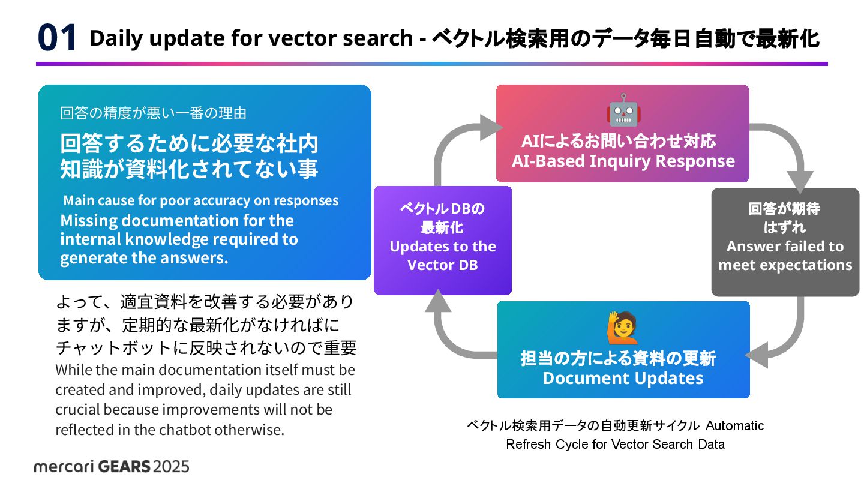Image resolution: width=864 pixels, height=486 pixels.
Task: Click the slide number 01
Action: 58,38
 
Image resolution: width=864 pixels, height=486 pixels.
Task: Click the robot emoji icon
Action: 623,110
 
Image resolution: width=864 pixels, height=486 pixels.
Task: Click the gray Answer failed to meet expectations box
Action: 785,242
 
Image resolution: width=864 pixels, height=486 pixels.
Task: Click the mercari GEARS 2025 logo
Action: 112,466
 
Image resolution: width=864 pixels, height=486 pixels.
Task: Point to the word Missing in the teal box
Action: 88,220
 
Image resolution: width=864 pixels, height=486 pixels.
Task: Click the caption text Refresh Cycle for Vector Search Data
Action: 615,445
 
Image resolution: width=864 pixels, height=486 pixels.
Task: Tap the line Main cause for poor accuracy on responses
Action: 201,200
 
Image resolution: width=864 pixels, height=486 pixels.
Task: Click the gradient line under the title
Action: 431,64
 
